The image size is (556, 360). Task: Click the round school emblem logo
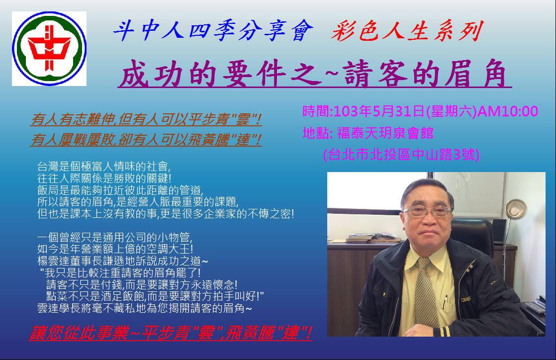[x=49, y=49]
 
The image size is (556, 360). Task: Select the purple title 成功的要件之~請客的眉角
[x=314, y=74]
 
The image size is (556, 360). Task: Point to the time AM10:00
[x=508, y=111]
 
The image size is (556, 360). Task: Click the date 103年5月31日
[x=379, y=111]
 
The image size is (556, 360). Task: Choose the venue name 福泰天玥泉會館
[x=385, y=133]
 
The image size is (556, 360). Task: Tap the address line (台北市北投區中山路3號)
[x=401, y=154]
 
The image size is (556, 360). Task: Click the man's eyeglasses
[x=427, y=212]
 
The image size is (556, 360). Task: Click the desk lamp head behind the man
[x=515, y=209]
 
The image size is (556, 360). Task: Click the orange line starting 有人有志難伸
[x=146, y=119]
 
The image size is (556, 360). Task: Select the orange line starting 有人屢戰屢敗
[x=146, y=139]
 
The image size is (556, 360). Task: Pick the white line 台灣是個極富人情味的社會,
[x=104, y=166]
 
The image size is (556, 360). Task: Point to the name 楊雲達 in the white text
[x=53, y=261]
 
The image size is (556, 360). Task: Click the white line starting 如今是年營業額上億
[x=115, y=249]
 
